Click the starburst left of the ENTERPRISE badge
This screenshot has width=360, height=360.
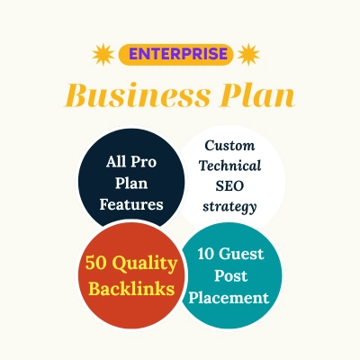[x=103, y=54]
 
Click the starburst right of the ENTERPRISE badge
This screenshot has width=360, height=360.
[x=248, y=54]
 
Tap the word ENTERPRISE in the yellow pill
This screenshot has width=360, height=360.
[x=178, y=54]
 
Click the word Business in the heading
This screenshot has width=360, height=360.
[x=137, y=95]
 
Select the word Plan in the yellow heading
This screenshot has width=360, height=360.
[x=256, y=95]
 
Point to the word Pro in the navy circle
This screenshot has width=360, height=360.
[x=144, y=162]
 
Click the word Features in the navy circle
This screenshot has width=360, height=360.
[x=131, y=204]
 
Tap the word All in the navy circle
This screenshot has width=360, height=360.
[x=115, y=162]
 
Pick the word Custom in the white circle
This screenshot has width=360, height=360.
[x=229, y=146]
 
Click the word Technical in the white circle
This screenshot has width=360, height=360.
[x=229, y=166]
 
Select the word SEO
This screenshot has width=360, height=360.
[x=229, y=186]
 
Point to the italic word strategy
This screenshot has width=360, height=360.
[x=229, y=207]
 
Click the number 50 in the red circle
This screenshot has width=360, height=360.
[x=95, y=263]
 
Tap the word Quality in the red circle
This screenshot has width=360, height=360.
[x=146, y=265]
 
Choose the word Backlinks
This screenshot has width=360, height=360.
[x=131, y=289]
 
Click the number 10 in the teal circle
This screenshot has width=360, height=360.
[x=206, y=254]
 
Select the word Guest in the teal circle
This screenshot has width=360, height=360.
[x=241, y=254]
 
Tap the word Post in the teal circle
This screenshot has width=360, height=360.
[x=230, y=275]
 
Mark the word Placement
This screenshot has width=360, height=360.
[x=229, y=298]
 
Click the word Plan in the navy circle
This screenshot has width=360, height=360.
[x=131, y=183]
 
